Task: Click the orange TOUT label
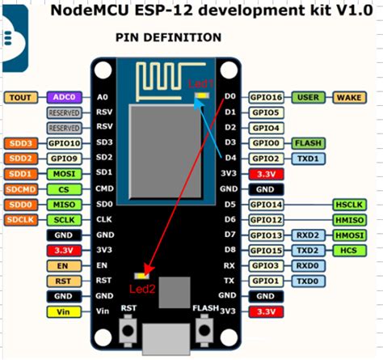[x=21, y=97]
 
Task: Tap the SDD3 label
[x=21, y=143]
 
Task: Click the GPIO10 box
[x=61, y=143]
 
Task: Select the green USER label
[x=308, y=97]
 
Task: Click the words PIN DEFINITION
[x=168, y=38]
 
